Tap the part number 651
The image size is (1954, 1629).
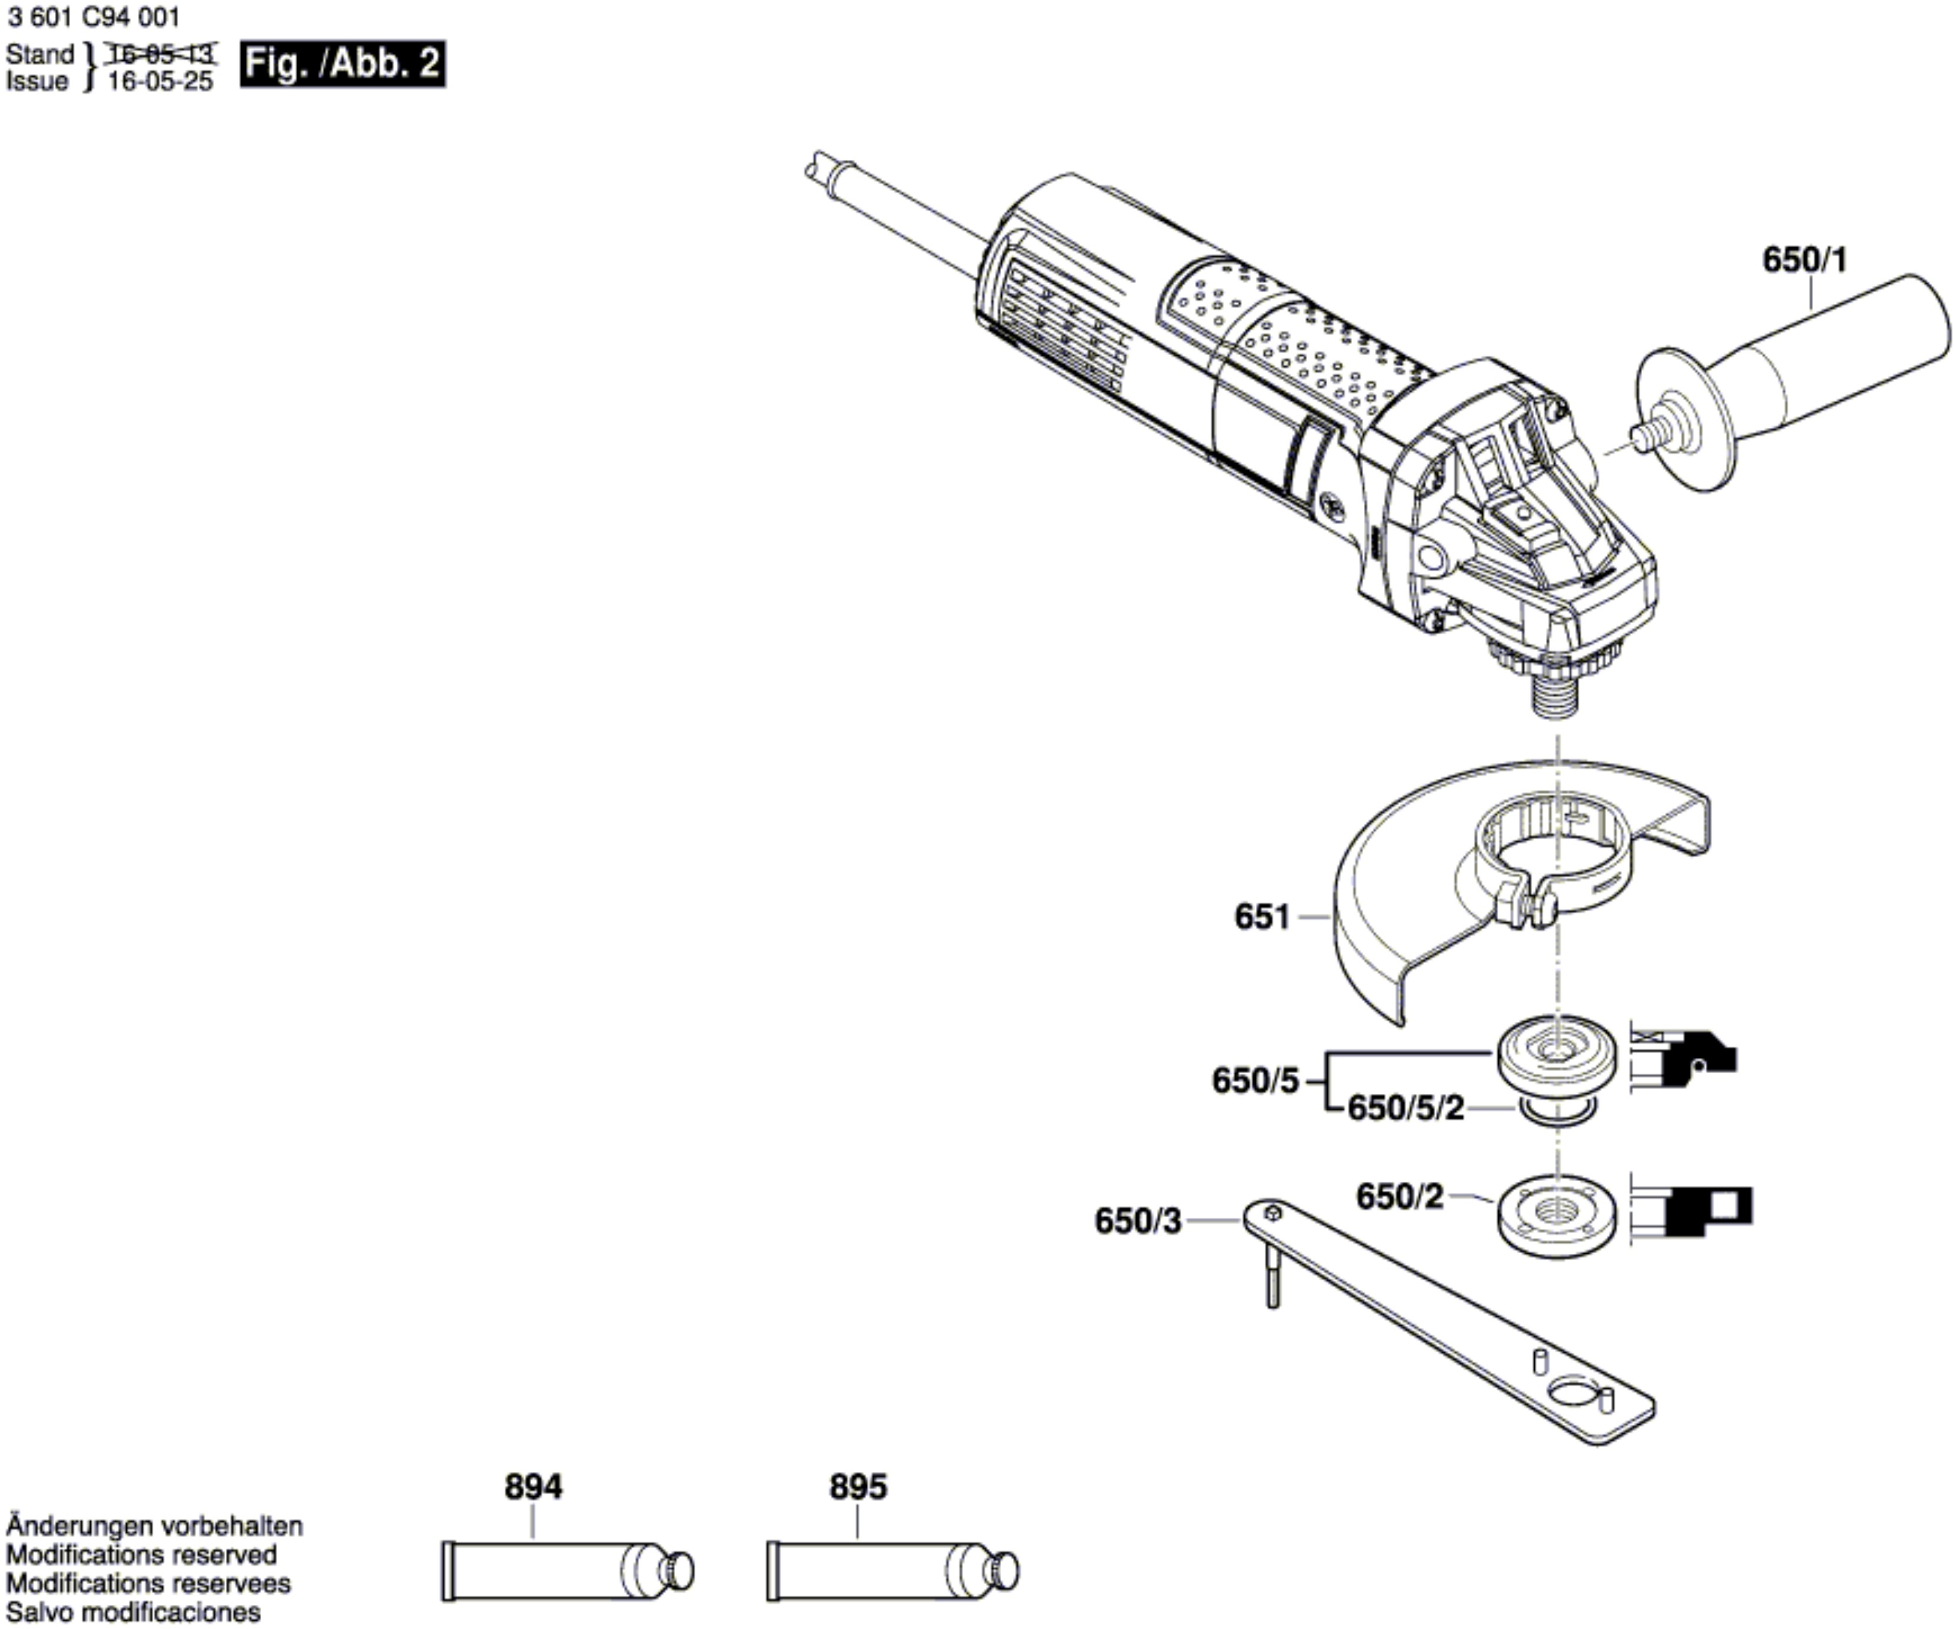(x=1262, y=917)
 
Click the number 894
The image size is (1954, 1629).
(x=533, y=1487)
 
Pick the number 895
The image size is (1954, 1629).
(x=858, y=1487)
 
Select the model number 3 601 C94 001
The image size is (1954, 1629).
(x=93, y=17)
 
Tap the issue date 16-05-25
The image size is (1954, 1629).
(x=160, y=82)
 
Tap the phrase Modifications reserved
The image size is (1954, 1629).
(x=142, y=1555)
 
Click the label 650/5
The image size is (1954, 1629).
(x=1254, y=1081)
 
